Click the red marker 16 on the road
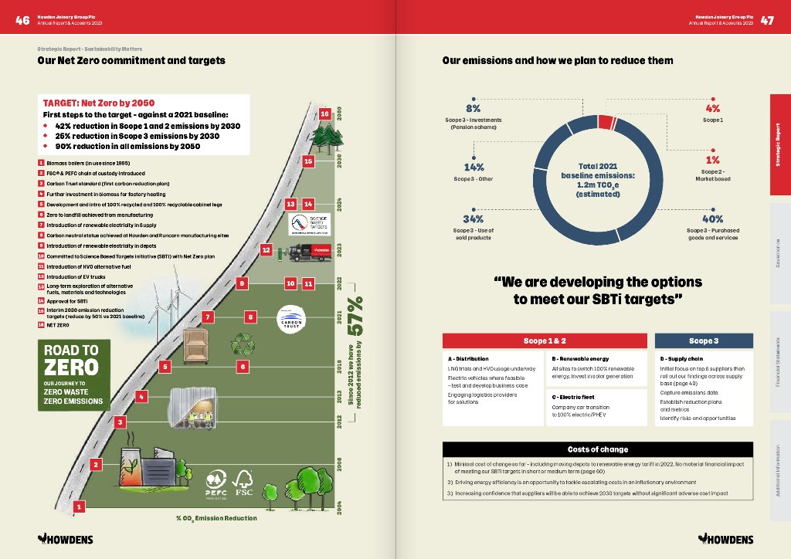click(324, 113)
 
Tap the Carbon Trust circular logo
click(292, 320)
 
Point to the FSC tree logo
click(244, 483)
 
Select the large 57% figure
click(356, 317)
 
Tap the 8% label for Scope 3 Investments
click(473, 109)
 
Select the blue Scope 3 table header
click(704, 340)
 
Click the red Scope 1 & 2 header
click(545, 340)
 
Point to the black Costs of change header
click(598, 449)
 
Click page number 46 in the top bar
click(22, 20)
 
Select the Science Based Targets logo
click(309, 224)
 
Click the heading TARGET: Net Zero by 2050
click(99, 103)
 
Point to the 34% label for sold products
click(473, 219)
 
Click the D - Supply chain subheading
click(681, 359)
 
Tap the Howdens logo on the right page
click(725, 537)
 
